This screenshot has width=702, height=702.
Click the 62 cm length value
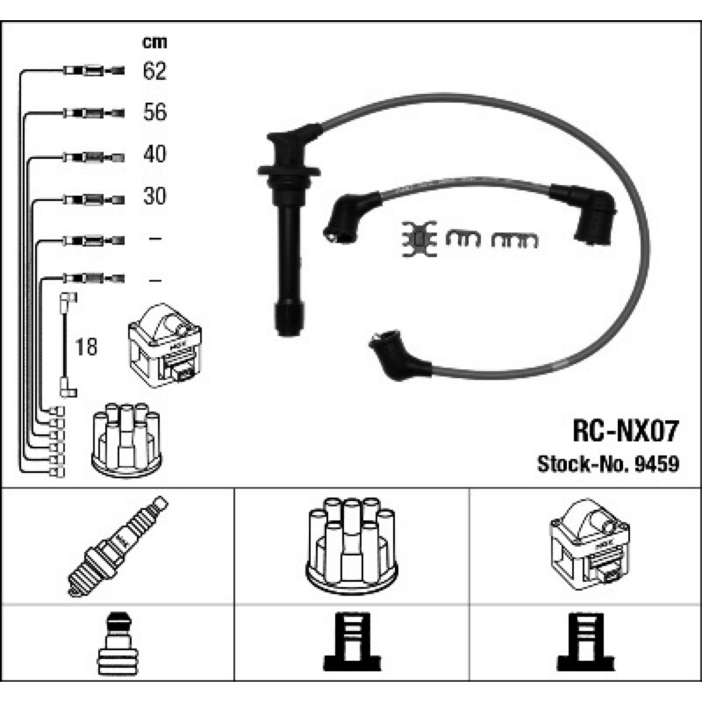click(154, 71)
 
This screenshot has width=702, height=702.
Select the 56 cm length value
click(155, 112)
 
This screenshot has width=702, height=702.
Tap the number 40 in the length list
click(155, 154)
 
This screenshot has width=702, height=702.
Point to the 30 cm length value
click(155, 196)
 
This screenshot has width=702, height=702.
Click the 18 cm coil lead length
click(86, 347)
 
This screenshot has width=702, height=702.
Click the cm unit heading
click(154, 42)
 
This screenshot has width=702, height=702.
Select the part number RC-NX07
click(626, 431)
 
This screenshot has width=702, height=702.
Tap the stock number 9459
click(656, 464)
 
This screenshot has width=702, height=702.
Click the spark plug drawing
click(118, 546)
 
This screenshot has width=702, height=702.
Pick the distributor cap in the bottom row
click(352, 546)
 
